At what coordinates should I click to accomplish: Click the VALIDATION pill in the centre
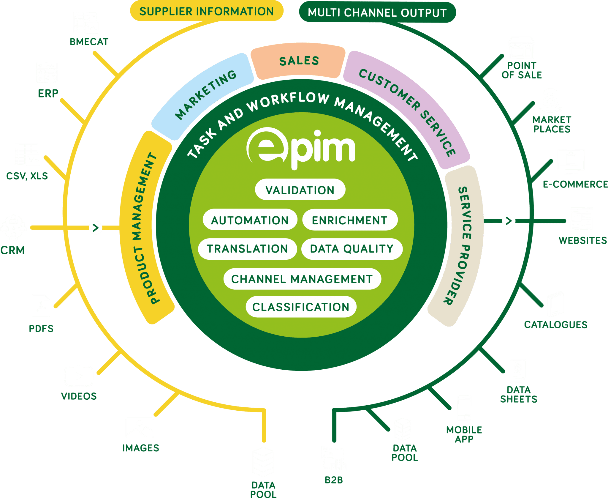(x=300, y=190)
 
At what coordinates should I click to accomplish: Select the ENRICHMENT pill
(x=349, y=220)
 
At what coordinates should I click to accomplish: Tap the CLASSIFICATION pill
(x=301, y=307)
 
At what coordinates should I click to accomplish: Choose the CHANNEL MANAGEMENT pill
(x=302, y=279)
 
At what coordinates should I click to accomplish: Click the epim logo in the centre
(x=300, y=148)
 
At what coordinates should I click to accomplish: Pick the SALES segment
(x=299, y=61)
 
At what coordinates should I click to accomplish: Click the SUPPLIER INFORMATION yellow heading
(x=207, y=11)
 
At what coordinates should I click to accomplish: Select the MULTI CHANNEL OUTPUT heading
(x=377, y=13)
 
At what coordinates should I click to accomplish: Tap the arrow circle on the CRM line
(x=96, y=228)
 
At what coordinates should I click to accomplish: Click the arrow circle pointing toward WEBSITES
(x=509, y=221)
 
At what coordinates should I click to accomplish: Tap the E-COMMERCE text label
(x=575, y=184)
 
